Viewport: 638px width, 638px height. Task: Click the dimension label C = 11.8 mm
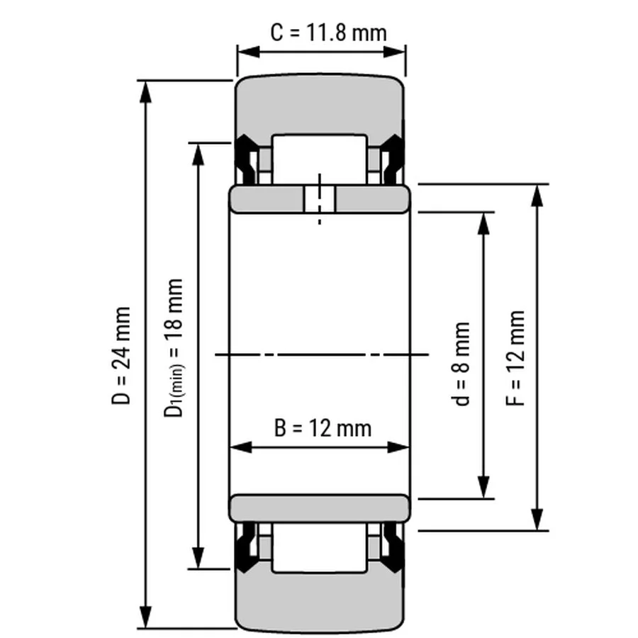tap(328, 33)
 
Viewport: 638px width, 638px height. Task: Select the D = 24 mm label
tap(121, 356)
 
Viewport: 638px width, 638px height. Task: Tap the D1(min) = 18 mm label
tap(174, 348)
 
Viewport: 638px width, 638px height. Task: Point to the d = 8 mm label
tap(461, 364)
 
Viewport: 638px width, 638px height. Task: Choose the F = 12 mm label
tap(515, 358)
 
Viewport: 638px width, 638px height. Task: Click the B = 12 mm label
tap(323, 428)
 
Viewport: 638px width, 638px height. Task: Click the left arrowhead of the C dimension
tap(248, 52)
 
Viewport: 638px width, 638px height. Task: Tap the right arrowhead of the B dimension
tap(398, 447)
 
